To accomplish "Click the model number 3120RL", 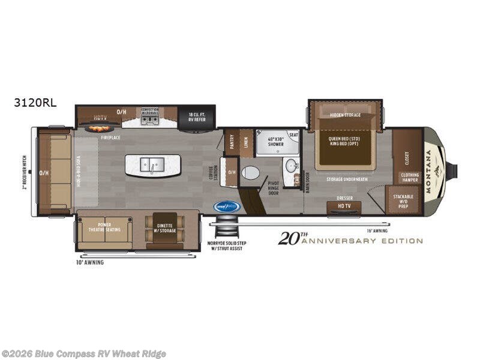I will click(x=35, y=103).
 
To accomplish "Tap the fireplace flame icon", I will click(x=98, y=128).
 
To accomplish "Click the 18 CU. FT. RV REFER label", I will click(x=197, y=116).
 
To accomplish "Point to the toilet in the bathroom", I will click(x=250, y=173).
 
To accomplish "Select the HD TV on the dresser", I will click(x=343, y=206).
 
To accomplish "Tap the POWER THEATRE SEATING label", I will click(x=104, y=227).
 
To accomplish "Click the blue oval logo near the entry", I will click(x=227, y=206).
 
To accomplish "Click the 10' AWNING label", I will click(x=90, y=263).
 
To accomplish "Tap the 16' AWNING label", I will click(x=377, y=230).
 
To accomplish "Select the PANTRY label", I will click(x=232, y=142).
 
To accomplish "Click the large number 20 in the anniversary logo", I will click(x=287, y=239).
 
